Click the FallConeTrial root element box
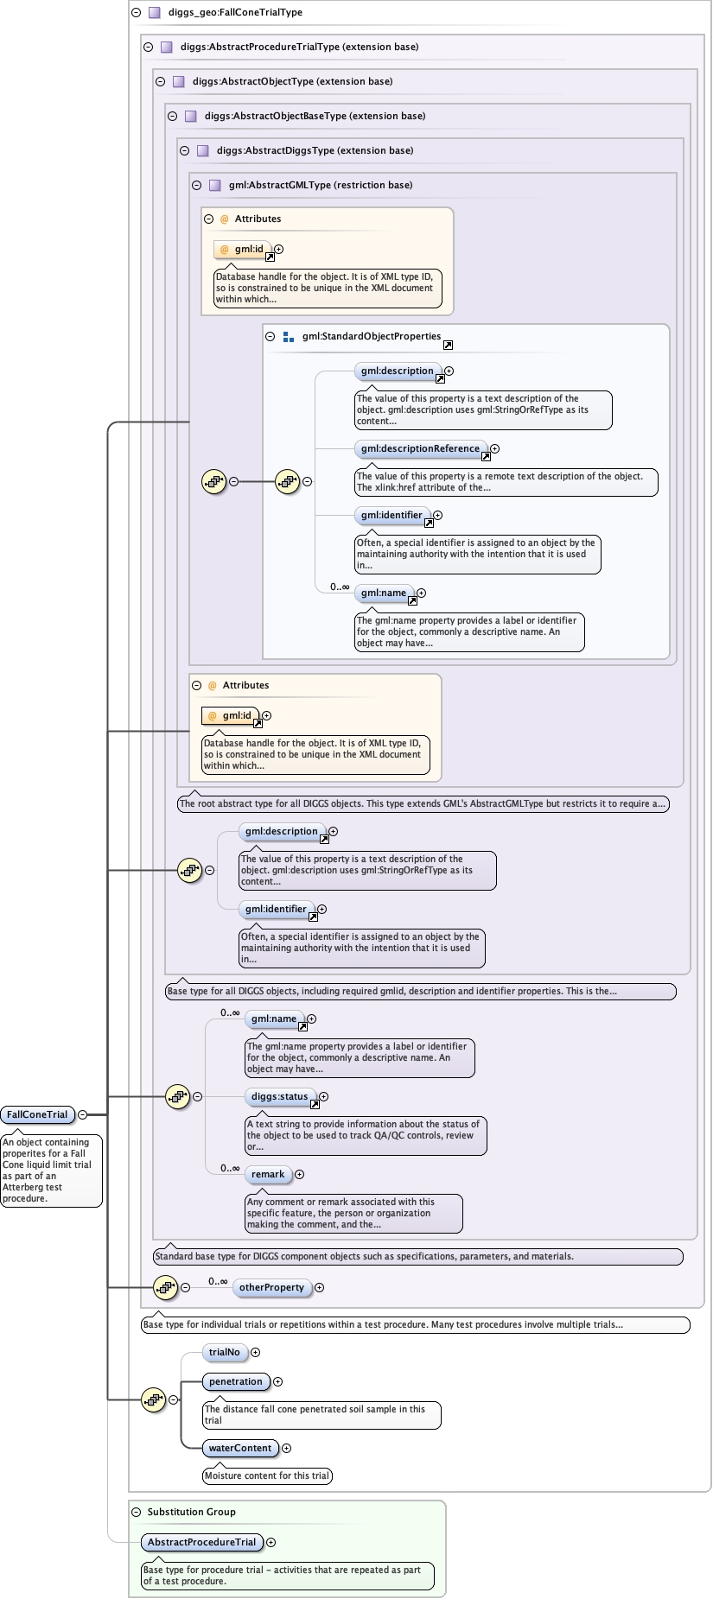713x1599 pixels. tap(37, 1114)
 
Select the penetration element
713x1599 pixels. tap(235, 1381)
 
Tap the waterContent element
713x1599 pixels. tap(240, 1448)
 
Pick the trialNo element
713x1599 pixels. tap(224, 1352)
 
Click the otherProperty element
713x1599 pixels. tap(271, 1287)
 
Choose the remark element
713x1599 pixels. tap(268, 1174)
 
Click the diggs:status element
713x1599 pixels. tap(279, 1096)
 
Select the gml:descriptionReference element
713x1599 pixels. tap(420, 448)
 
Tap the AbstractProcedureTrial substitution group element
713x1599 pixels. tap(201, 1542)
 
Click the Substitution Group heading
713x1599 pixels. tap(191, 1512)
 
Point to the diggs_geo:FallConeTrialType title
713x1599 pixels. tap(235, 13)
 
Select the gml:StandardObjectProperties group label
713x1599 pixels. tap(371, 336)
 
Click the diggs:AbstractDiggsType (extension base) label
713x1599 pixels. tap(315, 150)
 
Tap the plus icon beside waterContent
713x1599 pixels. tap(286, 1449)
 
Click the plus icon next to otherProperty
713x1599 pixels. tap(319, 1287)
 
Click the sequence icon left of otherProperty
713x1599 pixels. tap(165, 1287)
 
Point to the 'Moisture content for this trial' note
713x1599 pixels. tap(267, 1475)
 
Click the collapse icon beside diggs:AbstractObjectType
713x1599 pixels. tap(160, 81)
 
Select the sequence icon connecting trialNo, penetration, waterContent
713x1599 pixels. tap(153, 1399)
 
